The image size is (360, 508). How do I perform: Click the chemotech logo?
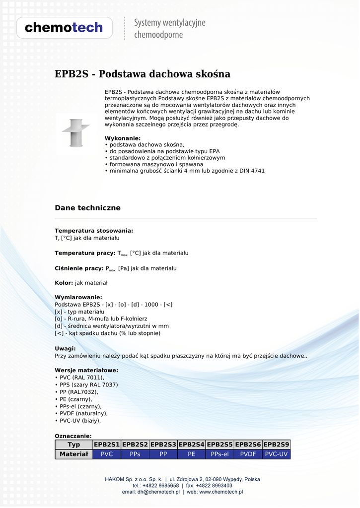(64, 28)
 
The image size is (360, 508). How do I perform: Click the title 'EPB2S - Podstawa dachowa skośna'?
(143, 74)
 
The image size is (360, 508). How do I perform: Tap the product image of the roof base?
(75, 133)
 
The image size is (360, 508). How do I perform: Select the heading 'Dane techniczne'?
(87, 208)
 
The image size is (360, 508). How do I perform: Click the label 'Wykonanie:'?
(123, 138)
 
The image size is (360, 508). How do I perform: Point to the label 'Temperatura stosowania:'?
(94, 231)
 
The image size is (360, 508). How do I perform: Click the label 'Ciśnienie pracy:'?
(79, 268)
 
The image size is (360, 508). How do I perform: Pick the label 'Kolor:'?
(64, 283)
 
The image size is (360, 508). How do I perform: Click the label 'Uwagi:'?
(65, 349)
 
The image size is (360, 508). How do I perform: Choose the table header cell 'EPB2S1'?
(107, 444)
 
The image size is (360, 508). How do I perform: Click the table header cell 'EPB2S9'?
(276, 444)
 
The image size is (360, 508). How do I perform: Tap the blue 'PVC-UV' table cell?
(276, 454)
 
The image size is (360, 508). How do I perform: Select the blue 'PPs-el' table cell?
(219, 454)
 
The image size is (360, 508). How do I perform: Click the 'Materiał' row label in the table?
(74, 454)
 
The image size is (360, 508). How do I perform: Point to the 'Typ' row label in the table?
(74, 444)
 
